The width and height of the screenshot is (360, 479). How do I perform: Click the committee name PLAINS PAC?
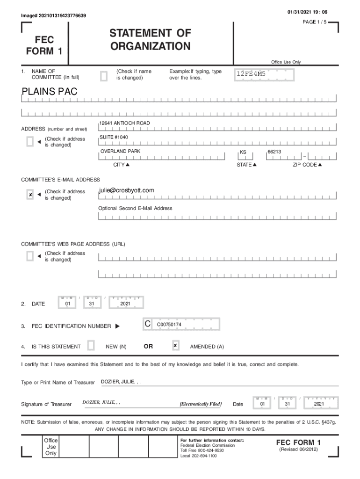coord(50,92)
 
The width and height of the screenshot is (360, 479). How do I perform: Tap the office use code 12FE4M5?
coord(251,74)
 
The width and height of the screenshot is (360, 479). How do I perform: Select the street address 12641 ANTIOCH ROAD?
coord(125,123)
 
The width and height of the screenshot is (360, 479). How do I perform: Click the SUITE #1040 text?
coord(114,137)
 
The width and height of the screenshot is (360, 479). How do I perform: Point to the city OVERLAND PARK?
coord(120,152)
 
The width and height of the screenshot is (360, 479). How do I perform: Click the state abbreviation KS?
coord(243,152)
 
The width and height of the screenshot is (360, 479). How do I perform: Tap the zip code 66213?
coord(274,152)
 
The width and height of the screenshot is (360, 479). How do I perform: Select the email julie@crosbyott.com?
coord(126,190)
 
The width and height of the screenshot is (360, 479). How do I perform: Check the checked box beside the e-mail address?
coord(30,195)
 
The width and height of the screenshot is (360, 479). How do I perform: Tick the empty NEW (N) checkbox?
coord(91,346)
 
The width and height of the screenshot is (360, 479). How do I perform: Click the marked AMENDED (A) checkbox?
coord(175,346)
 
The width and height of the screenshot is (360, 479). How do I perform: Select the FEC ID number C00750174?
coord(169,324)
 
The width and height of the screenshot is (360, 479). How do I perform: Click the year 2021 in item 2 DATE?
coord(125,304)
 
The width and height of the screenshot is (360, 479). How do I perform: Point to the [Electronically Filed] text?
coord(201,404)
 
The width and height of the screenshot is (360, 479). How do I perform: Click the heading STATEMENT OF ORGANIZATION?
coord(150,40)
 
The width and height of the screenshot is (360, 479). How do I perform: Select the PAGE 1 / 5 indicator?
coord(316,22)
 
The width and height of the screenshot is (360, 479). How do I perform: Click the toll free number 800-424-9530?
coord(212,450)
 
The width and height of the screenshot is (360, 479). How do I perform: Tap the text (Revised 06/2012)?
coord(298,450)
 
